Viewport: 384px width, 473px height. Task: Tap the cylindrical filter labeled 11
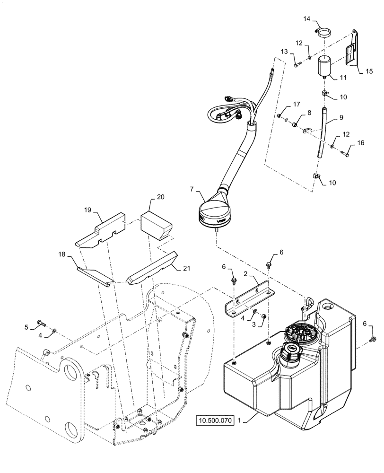coord(324,67)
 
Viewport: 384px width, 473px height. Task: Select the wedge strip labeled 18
coord(93,276)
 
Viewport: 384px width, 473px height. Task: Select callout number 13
coord(284,51)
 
